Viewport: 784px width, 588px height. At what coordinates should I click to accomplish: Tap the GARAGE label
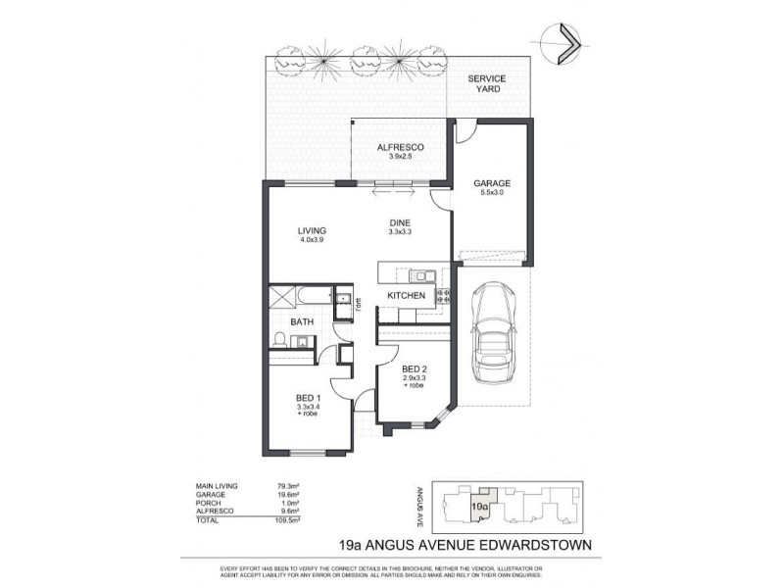[x=491, y=183]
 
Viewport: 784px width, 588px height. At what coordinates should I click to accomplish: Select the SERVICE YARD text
[x=487, y=82]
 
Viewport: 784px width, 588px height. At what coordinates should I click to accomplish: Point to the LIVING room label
[x=312, y=231]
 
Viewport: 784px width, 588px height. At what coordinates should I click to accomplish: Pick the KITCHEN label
[x=406, y=295]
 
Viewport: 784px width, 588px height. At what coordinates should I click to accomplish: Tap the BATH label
[x=302, y=320]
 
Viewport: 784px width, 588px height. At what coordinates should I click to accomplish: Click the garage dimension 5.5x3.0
[x=491, y=193]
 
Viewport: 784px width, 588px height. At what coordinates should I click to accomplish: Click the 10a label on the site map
[x=479, y=507]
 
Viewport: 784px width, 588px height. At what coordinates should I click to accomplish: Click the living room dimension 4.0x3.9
[x=312, y=241]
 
